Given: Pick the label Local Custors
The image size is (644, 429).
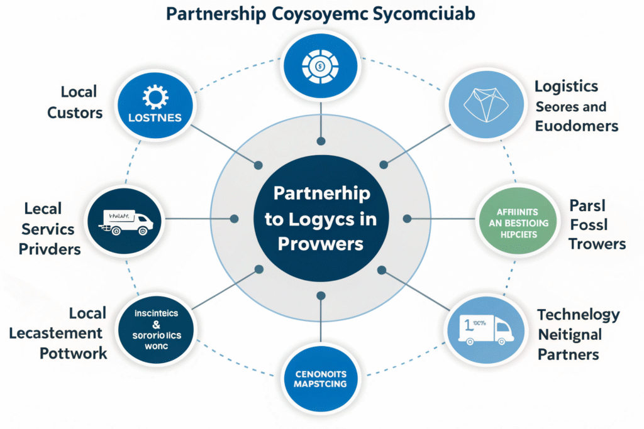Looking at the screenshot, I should coord(79,102).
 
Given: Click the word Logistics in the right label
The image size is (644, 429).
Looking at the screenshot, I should coord(566,87).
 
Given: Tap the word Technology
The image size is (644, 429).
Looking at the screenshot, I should coord(579,315).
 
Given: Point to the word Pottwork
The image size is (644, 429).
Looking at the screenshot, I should coord(74,353).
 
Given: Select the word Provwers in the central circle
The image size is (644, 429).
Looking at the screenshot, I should coord(321,244).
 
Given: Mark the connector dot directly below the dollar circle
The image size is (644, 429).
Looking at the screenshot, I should coord(321,141).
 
